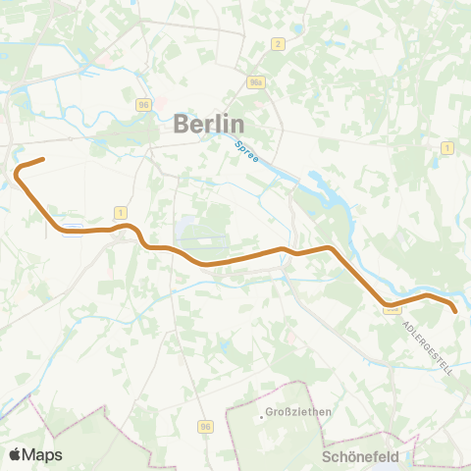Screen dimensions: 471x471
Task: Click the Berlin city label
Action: pyautogui.click(x=208, y=124)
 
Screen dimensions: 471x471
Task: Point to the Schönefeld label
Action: pyautogui.click(x=361, y=456)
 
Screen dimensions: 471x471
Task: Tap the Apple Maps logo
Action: pyautogui.click(x=35, y=454)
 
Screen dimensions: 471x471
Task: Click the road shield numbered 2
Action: pyautogui.click(x=279, y=43)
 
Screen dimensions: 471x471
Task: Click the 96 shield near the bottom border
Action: pyautogui.click(x=205, y=427)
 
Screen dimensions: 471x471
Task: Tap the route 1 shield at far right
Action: pyautogui.click(x=446, y=147)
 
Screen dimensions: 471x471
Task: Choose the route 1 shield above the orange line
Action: pyautogui.click(x=120, y=212)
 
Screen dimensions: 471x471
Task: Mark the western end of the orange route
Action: pyautogui.click(x=43, y=159)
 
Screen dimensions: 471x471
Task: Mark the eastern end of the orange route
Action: pyautogui.click(x=455, y=311)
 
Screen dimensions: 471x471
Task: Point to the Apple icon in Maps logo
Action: pyautogui.click(x=16, y=454)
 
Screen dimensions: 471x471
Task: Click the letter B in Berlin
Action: pyautogui.click(x=183, y=125)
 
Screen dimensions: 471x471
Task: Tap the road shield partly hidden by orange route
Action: pyautogui.click(x=392, y=307)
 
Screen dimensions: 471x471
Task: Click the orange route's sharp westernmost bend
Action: pyautogui.click(x=17, y=174)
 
